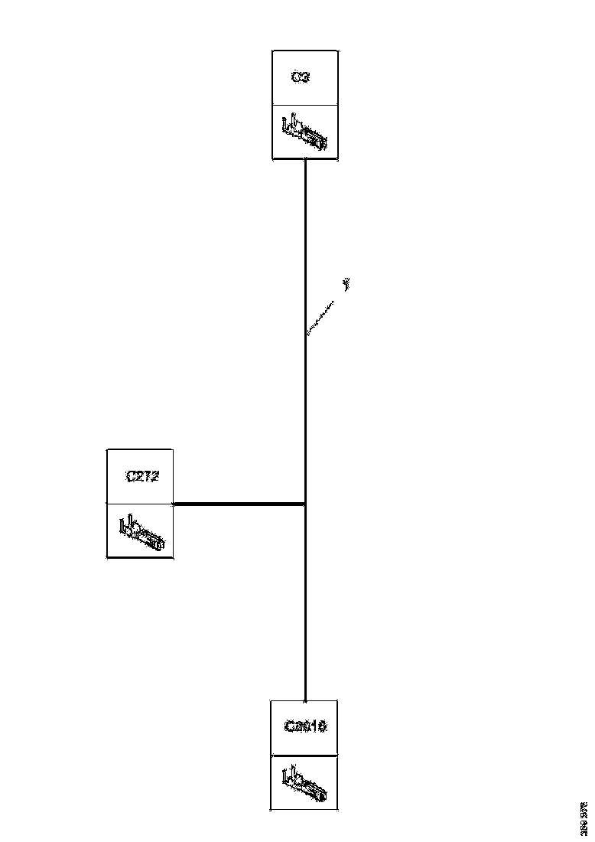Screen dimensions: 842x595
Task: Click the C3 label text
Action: click(301, 78)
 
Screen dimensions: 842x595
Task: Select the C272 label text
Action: click(141, 476)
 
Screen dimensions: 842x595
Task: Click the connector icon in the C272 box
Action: click(141, 531)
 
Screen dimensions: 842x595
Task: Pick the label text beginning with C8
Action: click(305, 726)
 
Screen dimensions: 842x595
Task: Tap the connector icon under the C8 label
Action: click(305, 782)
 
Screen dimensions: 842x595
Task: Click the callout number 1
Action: click(346, 286)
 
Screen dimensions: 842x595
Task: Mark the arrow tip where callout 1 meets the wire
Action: click(307, 334)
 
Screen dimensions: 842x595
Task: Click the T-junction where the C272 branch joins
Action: click(305, 504)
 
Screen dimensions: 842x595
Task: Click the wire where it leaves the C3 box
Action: click(305, 163)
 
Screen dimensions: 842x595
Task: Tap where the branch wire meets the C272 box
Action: click(175, 504)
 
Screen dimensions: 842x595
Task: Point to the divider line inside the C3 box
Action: click(304, 105)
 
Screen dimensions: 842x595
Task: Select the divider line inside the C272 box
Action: click(140, 504)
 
